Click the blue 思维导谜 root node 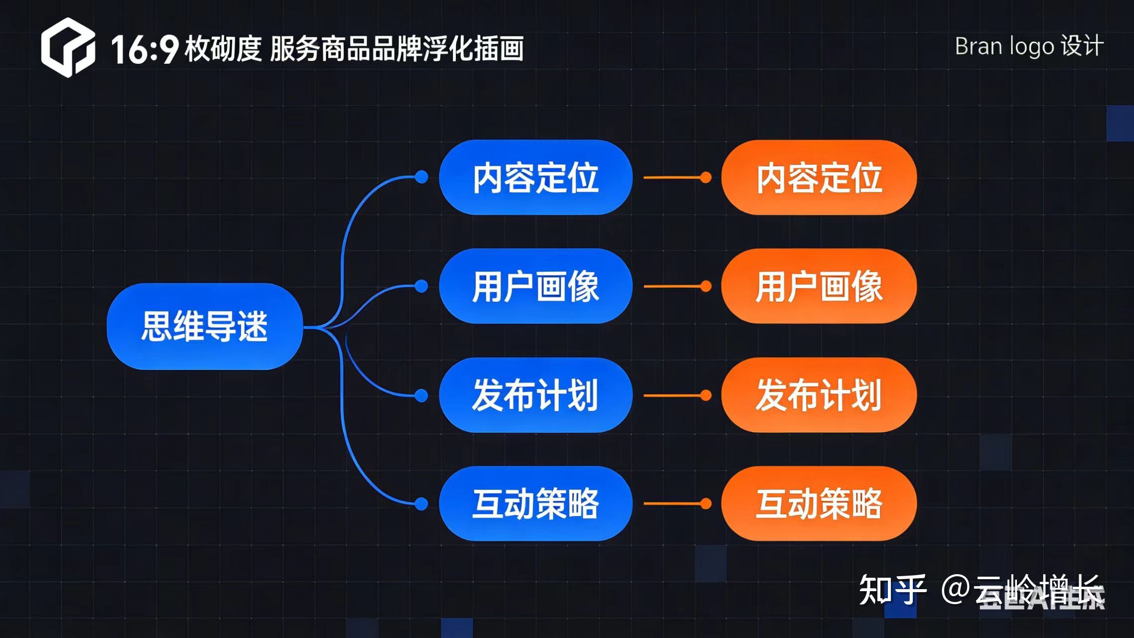coord(205,326)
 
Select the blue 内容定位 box coord(536,177)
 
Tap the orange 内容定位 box coord(819,177)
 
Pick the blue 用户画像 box coord(536,286)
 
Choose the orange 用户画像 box coord(819,286)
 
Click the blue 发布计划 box coord(536,395)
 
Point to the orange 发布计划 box coord(819,395)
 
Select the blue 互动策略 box coord(536,503)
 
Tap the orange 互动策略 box coord(819,503)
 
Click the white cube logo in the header coord(68,48)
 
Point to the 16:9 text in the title coord(144,49)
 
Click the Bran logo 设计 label coord(1029,46)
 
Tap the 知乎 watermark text coord(892,590)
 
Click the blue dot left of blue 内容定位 coord(422,177)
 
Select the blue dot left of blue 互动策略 coord(422,504)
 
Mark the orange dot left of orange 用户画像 coord(706,286)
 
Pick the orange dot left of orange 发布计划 coord(706,395)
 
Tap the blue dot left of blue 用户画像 coord(422,286)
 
